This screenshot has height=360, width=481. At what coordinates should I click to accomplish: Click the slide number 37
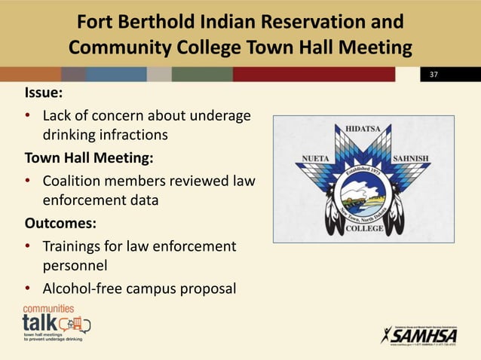click(x=434, y=75)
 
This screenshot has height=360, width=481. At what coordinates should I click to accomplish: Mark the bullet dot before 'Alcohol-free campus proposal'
click(x=28, y=289)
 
